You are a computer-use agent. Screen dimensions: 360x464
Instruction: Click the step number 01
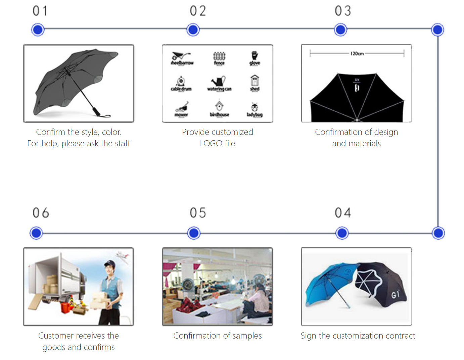click(40, 11)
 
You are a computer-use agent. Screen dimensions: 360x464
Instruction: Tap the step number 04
click(343, 213)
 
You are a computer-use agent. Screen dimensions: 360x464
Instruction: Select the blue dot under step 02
click(193, 30)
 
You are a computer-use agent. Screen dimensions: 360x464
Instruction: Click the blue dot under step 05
click(194, 233)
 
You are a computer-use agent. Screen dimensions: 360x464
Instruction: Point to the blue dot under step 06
click(36, 233)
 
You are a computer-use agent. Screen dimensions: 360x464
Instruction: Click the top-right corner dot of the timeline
click(437, 30)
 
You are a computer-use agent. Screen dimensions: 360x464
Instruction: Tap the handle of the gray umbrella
click(96, 111)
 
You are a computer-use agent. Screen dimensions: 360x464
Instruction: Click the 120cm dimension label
click(357, 54)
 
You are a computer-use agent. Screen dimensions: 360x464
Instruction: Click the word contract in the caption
click(400, 336)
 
